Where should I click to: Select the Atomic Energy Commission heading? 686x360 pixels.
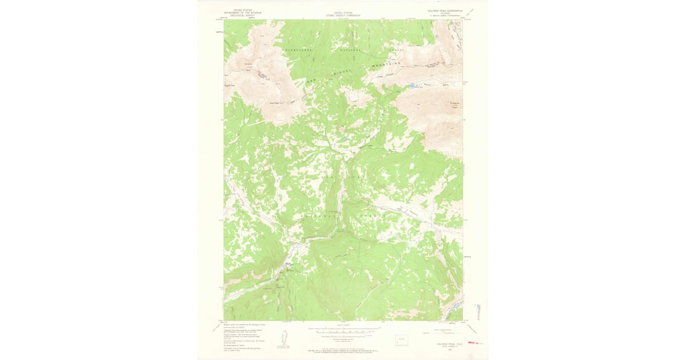[x=343, y=13]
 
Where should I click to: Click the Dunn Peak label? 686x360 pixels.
[x=273, y=103]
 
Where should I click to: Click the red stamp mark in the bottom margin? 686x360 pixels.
[x=475, y=343]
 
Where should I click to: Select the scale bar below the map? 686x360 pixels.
[x=343, y=330]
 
